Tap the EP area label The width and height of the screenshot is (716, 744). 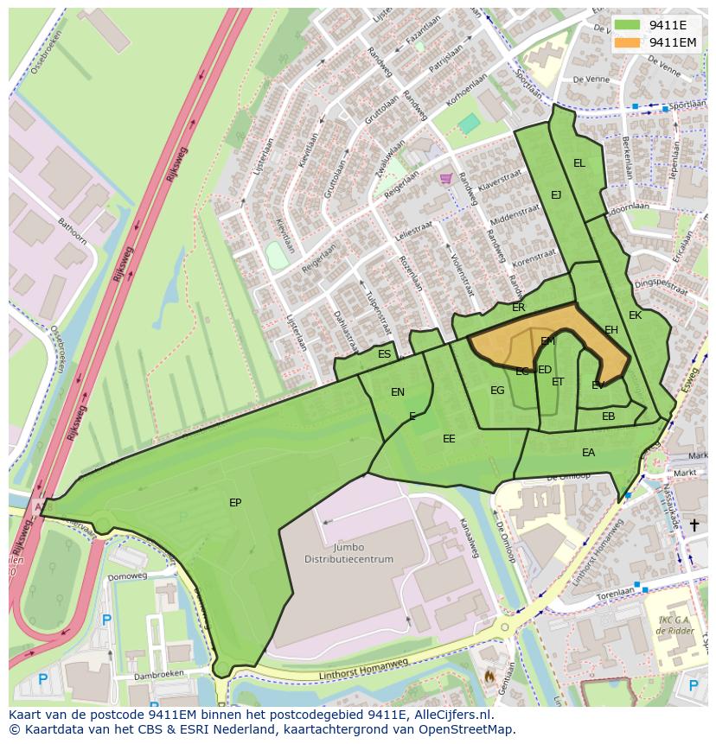(x=235, y=503)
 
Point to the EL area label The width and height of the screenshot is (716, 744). (x=579, y=163)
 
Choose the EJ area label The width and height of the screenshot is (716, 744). (x=556, y=195)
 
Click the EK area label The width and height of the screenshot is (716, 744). (x=635, y=315)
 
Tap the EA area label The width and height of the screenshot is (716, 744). (x=588, y=453)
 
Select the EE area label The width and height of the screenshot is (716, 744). (x=449, y=439)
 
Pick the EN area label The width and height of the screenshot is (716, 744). (x=398, y=392)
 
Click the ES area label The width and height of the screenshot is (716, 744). (x=384, y=354)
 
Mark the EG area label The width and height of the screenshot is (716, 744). (x=497, y=391)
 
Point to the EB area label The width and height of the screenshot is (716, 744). (x=608, y=417)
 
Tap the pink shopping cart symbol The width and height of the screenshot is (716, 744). (x=445, y=179)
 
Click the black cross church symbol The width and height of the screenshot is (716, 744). (x=694, y=525)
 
